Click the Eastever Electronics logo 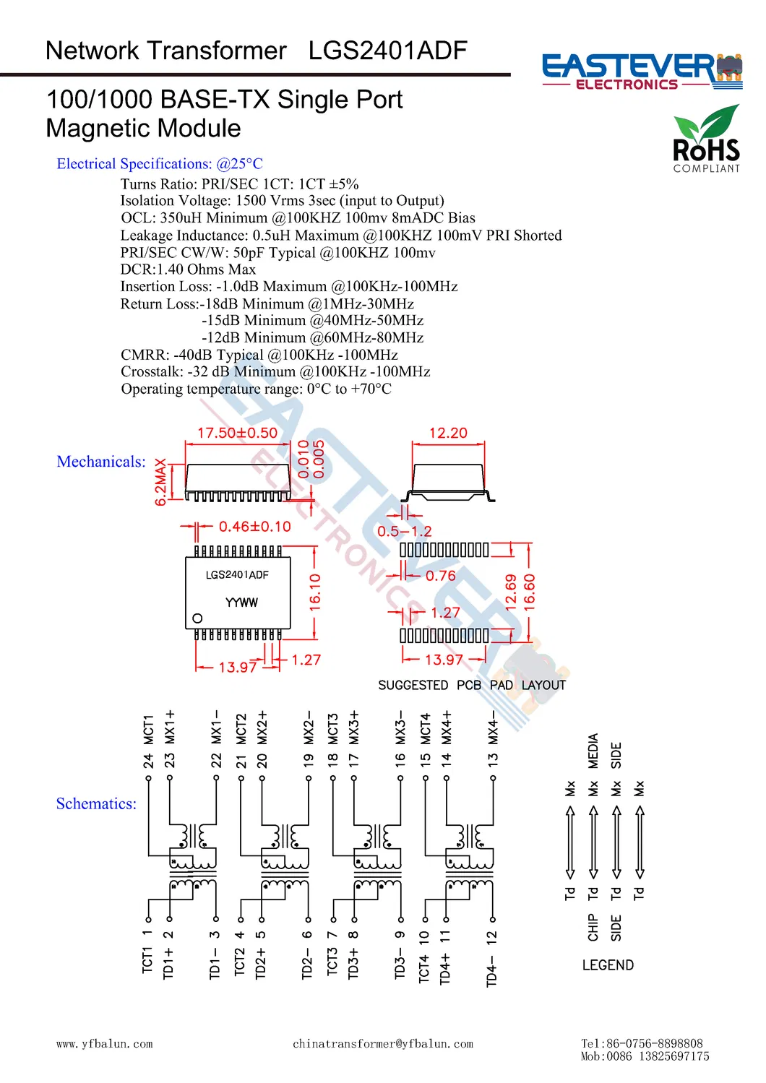click(642, 71)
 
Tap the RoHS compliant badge click(706, 139)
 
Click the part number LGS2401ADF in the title click(387, 51)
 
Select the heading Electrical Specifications click(160, 164)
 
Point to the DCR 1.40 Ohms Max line click(188, 269)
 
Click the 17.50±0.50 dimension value click(237, 433)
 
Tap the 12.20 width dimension click(448, 433)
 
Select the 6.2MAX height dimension click(160, 482)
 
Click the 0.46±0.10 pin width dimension click(254, 527)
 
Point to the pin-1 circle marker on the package click(197, 618)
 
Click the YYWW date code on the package click(241, 603)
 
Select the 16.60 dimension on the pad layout click(530, 592)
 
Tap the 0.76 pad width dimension click(440, 576)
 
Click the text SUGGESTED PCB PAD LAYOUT click(472, 685)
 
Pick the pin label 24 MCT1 click(148, 741)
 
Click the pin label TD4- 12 click(491, 958)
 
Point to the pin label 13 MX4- click(493, 741)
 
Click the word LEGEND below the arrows click(608, 965)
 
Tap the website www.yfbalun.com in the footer click(105, 1044)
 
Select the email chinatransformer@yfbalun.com click(383, 1044)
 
